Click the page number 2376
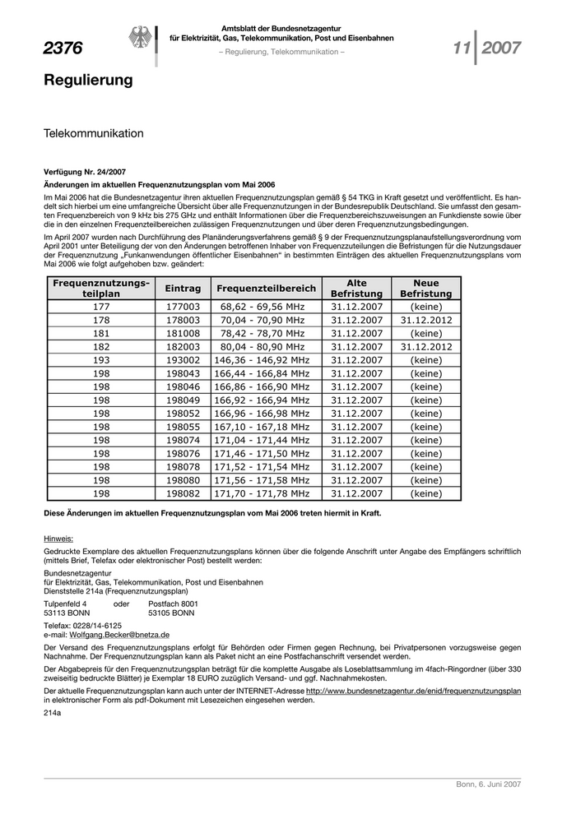[63, 49]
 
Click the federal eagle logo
[138, 39]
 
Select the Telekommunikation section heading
[94, 133]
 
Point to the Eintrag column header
[183, 289]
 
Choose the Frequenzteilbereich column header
[266, 289]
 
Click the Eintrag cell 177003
[183, 306]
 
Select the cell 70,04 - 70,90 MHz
[262, 320]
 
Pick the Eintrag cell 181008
[183, 333]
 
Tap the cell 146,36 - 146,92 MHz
[262, 360]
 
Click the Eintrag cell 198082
[183, 493]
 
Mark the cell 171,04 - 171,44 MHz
[262, 440]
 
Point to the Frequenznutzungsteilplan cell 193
[101, 360]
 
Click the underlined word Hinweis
[58, 539]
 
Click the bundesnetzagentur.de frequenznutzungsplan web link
[413, 691]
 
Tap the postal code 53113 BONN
[67, 613]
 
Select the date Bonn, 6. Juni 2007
[489, 784]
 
